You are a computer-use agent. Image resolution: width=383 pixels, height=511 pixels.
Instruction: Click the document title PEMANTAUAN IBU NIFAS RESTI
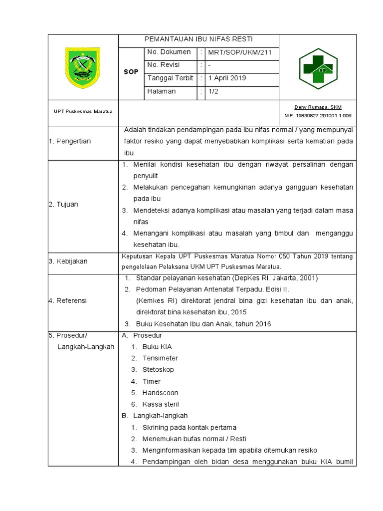coord(198,40)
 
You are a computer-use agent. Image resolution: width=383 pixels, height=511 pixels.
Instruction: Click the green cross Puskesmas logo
coord(318,68)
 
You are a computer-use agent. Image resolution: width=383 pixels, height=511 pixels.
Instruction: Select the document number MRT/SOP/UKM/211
coord(240,52)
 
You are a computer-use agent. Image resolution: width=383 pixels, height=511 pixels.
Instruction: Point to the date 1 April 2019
coord(227,78)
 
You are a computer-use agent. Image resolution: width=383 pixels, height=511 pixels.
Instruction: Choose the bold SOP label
coord(131,72)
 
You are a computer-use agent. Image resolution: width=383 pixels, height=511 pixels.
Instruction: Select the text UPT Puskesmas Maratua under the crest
coord(83,111)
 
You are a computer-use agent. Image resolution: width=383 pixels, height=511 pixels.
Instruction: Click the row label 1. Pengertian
coord(70,141)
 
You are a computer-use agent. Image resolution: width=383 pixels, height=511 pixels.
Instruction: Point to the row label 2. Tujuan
coord(63,204)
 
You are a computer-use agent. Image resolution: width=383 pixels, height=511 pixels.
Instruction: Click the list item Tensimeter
coord(160,358)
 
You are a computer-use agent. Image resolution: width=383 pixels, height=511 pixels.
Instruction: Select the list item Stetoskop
coord(158,370)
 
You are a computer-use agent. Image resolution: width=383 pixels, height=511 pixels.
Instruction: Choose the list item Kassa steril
coord(161,404)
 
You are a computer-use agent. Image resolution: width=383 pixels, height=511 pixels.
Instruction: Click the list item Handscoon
coord(160,393)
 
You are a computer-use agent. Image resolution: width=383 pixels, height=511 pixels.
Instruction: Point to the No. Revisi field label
coord(163,65)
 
